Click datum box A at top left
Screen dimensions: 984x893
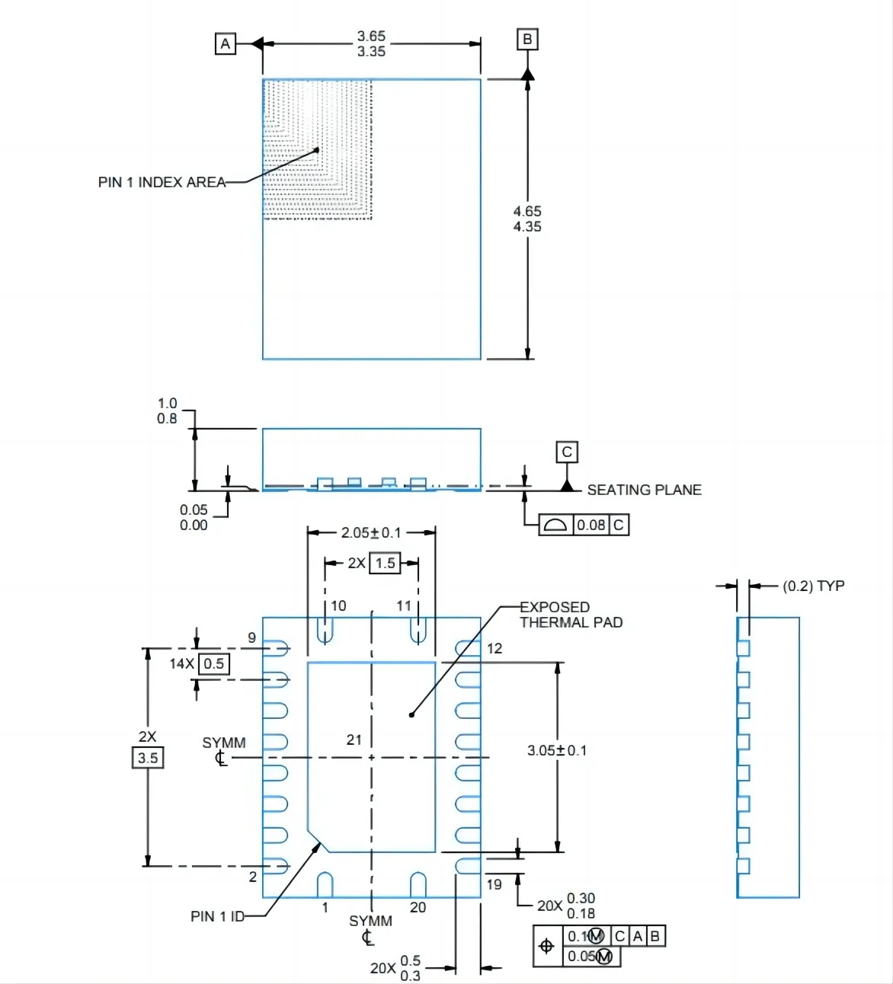225,44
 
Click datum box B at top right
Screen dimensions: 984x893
527,39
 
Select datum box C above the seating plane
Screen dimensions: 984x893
566,452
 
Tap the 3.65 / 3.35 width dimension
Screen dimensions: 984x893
371,43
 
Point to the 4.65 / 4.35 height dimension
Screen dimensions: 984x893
527,219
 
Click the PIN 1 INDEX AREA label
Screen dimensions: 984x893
162,182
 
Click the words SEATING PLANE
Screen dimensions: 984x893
644,490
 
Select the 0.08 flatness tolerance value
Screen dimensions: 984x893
591,525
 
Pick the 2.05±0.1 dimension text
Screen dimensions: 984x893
371,532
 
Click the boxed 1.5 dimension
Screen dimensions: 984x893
385,563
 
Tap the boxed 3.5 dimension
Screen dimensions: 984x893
148,758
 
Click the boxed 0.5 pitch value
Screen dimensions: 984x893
213,663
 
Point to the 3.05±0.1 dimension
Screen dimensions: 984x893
557,750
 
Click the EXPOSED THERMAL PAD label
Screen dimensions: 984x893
570,615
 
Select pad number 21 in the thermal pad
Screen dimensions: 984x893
354,740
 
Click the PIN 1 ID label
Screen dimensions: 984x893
217,916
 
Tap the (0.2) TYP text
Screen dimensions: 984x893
813,586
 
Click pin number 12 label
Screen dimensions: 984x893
495,648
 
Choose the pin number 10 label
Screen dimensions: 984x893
338,605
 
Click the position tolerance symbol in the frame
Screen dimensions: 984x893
546,946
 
